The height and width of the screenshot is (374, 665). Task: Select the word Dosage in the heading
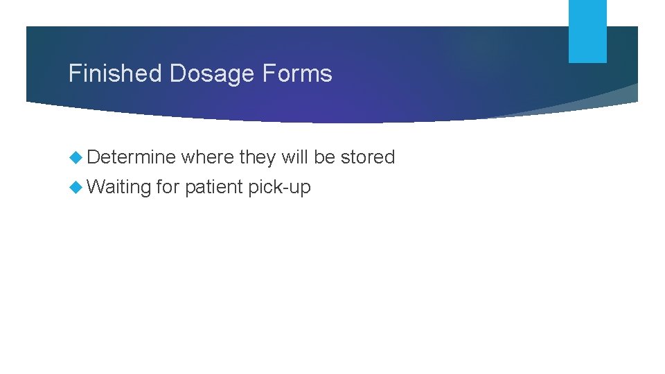199,73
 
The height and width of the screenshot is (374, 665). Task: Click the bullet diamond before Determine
76,158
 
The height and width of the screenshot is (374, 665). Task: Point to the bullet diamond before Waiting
76,187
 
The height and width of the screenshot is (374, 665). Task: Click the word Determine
132,157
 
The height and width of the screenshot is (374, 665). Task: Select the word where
207,157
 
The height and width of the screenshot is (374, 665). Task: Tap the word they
257,158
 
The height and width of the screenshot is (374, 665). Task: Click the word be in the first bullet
324,157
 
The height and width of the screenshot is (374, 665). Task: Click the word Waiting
120,187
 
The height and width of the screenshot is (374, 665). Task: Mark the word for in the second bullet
168,186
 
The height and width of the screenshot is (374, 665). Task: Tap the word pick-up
280,188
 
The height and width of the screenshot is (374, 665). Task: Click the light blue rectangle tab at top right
587,31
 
